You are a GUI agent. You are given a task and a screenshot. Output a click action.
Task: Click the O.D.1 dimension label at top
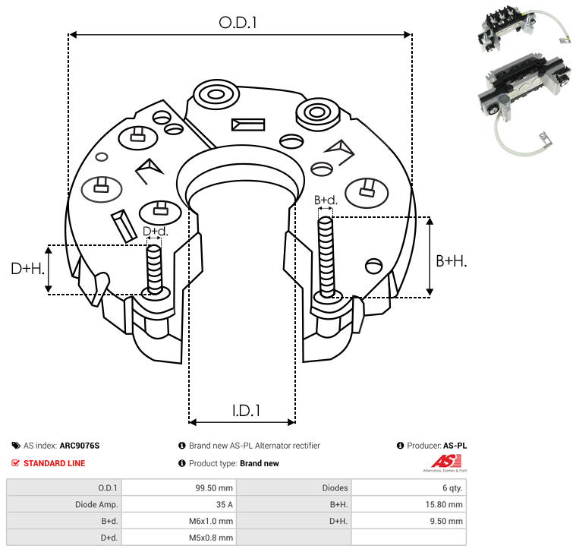238,23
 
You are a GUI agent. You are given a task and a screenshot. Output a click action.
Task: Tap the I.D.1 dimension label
246,411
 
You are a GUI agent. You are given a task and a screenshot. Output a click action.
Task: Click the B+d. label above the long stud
326,200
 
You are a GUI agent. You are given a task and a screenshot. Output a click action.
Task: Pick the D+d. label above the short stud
154,231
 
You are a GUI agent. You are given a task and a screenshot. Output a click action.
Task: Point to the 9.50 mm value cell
447,521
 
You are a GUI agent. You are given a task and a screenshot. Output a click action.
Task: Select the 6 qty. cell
450,487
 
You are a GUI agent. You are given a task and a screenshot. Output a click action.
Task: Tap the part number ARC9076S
80,446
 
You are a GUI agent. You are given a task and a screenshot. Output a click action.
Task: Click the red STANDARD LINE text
54,463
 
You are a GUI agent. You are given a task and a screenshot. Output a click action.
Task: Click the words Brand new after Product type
260,463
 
